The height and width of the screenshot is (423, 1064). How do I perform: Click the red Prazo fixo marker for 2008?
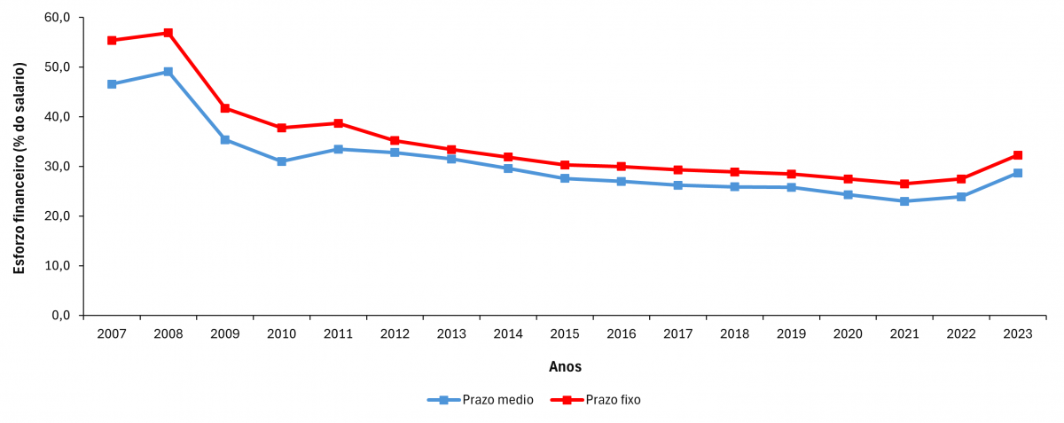coord(168,33)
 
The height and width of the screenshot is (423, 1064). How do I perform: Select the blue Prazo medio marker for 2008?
coord(168,72)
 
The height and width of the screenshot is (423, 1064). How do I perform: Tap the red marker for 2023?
coord(1018,155)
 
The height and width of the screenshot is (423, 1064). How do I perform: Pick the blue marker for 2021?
coord(904,201)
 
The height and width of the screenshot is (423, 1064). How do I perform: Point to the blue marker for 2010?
coord(282,161)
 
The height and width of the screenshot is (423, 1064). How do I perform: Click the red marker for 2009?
coord(225,108)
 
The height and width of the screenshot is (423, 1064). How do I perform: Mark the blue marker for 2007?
coord(112,84)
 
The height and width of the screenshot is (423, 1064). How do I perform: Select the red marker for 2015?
coord(565,165)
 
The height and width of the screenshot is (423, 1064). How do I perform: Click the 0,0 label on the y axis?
coord(60,316)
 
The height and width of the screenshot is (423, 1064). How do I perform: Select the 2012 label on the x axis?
coord(395,334)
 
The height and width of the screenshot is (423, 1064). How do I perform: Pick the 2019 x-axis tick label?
coord(791,334)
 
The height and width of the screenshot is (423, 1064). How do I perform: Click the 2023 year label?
coord(1018,334)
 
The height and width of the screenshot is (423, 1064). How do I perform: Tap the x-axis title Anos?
coord(565,366)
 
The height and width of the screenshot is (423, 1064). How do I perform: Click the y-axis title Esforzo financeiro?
coord(20,168)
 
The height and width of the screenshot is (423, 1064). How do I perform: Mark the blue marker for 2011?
coord(339,149)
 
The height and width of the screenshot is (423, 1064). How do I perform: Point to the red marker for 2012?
coord(395,141)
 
